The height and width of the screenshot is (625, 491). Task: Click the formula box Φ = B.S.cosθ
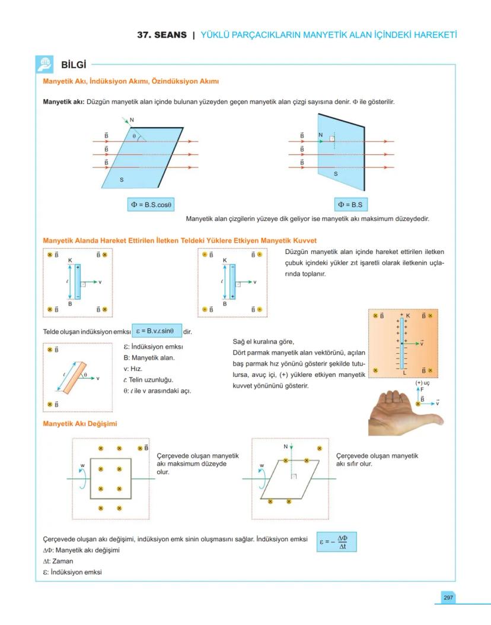151,205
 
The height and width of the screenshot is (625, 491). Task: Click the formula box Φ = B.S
350,205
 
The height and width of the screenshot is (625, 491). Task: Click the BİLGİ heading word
74,64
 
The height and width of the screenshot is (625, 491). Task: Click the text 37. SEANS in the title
162,35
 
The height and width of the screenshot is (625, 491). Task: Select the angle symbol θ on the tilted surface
135,136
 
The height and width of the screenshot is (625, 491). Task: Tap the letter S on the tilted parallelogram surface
122,179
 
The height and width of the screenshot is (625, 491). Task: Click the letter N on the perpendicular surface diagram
320,135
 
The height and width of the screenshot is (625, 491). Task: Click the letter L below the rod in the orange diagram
404,373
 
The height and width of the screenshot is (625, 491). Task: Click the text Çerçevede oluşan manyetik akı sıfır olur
376,459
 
